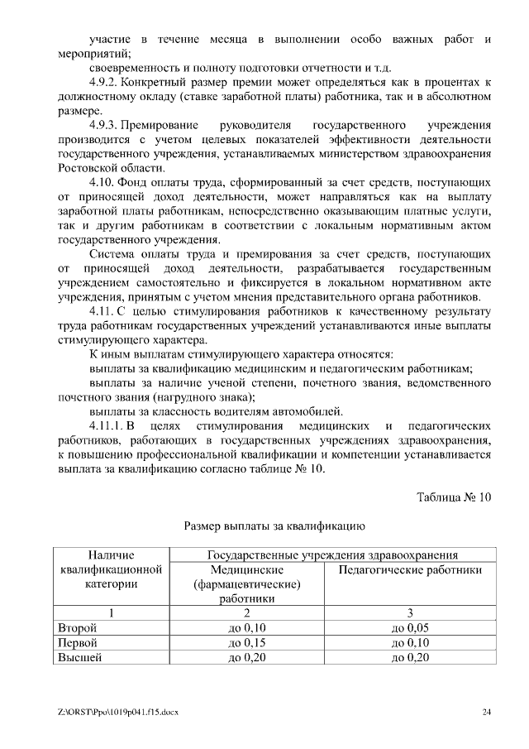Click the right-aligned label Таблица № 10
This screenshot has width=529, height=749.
tap(454, 497)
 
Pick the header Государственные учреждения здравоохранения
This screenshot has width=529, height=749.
tap(333, 555)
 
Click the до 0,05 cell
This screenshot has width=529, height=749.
tap(410, 628)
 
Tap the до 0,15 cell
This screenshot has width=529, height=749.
tap(246, 643)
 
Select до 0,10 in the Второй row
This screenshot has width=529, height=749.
tap(246, 628)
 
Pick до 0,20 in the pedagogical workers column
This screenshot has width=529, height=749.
tap(410, 658)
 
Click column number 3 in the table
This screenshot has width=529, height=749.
tap(410, 613)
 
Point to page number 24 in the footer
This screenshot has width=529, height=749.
tap(487, 712)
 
